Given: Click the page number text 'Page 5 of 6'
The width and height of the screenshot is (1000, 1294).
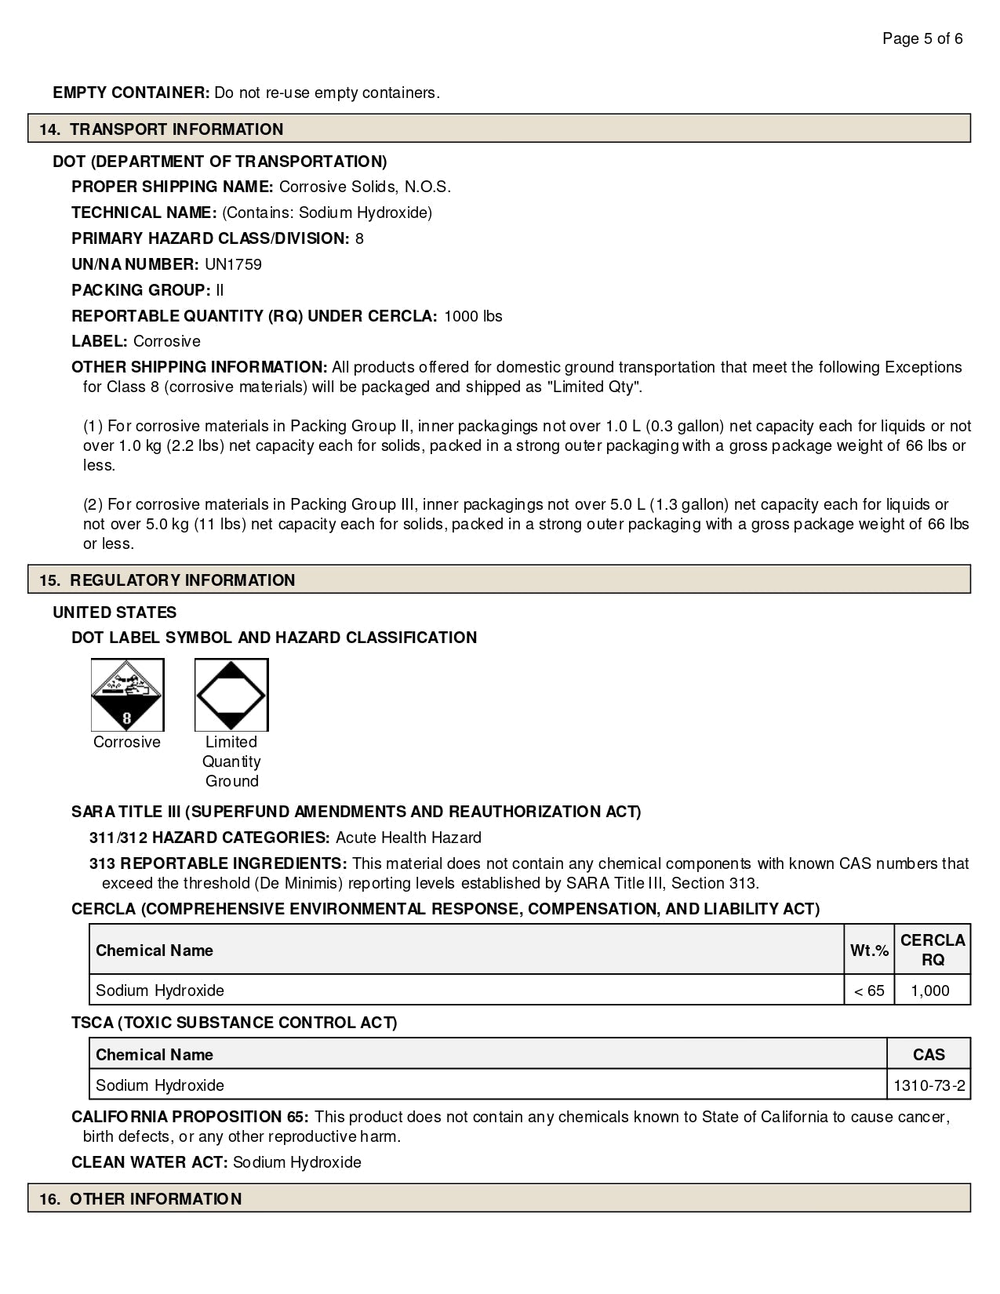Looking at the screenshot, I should coord(922,38).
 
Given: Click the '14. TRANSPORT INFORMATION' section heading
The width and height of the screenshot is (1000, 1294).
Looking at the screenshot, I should coord(161,129).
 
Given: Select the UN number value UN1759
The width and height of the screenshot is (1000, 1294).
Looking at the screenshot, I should coord(233,264).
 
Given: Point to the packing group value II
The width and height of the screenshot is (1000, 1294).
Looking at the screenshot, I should coord(220,290).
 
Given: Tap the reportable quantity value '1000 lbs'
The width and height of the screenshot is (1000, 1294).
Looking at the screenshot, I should coord(473,316).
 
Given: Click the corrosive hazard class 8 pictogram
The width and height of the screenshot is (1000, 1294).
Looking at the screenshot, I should coord(128,695).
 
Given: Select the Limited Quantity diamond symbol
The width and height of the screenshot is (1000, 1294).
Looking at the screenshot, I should coord(231,695).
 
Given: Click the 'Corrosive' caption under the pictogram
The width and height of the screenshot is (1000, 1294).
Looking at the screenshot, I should coord(127,742).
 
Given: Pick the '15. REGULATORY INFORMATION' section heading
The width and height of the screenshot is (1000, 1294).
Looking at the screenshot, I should coord(167,580).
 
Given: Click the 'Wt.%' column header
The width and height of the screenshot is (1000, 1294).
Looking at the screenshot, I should coord(869,951).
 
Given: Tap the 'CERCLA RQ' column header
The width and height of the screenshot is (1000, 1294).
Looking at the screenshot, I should coord(933,950).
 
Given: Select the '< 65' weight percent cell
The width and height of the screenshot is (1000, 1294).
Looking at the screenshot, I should coord(869,990).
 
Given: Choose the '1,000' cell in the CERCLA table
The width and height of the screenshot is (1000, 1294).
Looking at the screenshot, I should coord(930,990).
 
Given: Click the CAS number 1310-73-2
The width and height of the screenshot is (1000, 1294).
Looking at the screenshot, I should coord(929,1086).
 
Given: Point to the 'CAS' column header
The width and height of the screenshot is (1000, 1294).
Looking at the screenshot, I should coord(929,1055).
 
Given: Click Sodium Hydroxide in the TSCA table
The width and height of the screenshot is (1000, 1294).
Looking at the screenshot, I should coord(160,1086).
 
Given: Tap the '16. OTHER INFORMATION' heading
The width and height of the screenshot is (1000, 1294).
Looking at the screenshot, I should coord(140,1199).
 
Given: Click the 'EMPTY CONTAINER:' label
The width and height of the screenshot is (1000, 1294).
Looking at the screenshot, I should coord(131,93).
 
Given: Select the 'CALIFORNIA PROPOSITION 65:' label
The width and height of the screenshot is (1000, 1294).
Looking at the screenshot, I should coord(190,1117).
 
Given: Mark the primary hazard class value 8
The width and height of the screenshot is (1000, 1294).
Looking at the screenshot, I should coord(359,238).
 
